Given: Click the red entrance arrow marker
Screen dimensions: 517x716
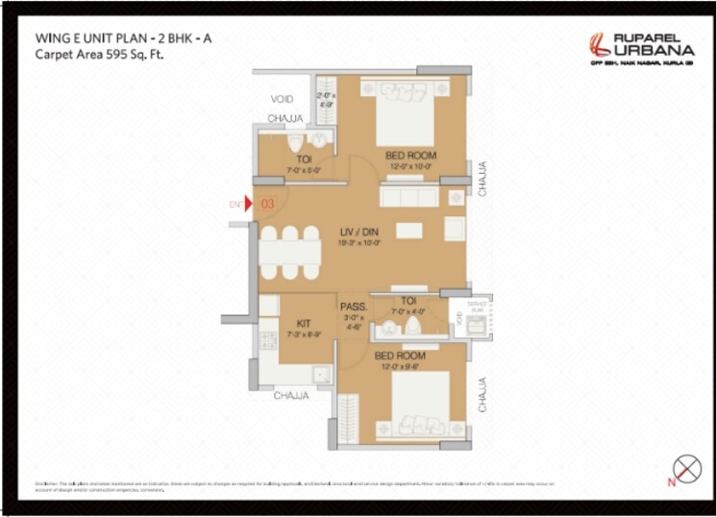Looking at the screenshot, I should (x=249, y=204).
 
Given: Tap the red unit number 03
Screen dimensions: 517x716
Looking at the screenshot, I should (x=268, y=204).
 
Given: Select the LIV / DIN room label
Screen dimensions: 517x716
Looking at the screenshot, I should (x=359, y=233).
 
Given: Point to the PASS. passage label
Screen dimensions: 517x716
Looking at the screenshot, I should (x=350, y=308).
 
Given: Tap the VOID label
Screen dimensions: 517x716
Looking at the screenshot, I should (x=282, y=99).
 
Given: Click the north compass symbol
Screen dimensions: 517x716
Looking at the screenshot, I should (x=685, y=470).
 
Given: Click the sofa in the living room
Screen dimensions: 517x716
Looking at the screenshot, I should (x=410, y=196).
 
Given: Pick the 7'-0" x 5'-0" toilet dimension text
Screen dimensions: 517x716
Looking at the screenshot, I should (x=303, y=170).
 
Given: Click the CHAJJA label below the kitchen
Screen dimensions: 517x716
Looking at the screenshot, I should (x=290, y=395).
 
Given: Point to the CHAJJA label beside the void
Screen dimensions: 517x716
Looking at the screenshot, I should (x=284, y=119).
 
